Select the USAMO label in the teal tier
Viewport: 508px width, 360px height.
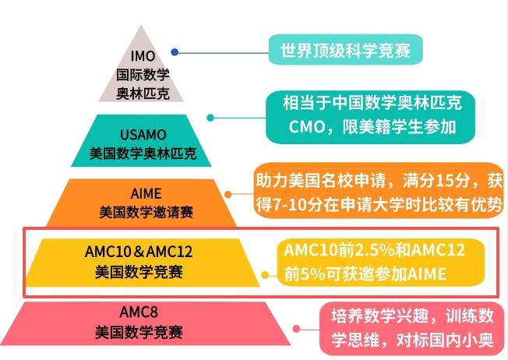click(143, 134)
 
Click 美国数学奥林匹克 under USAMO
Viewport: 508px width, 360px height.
click(143, 153)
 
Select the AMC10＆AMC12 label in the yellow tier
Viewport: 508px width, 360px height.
click(139, 253)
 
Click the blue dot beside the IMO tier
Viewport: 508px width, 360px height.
click(175, 52)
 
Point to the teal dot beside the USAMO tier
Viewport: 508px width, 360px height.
click(210, 118)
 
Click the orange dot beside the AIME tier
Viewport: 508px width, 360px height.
click(228, 192)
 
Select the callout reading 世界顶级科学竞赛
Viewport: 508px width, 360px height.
click(345, 51)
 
